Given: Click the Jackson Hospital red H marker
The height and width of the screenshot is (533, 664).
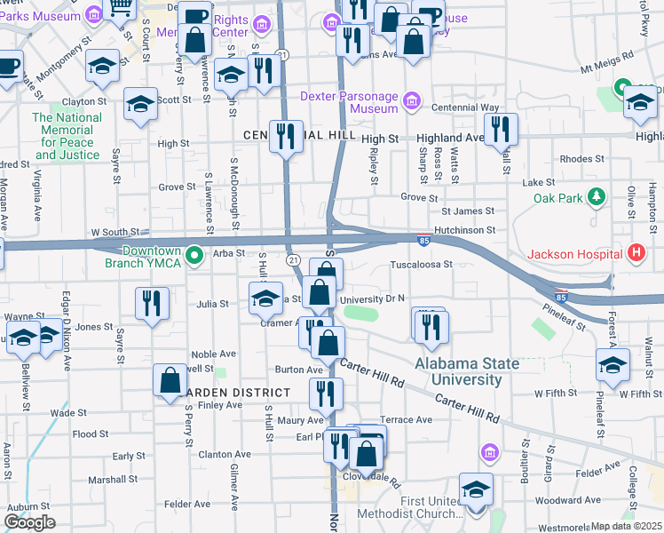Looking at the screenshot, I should pos(636,254).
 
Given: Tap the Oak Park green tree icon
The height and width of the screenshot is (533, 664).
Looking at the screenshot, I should pos(599,195).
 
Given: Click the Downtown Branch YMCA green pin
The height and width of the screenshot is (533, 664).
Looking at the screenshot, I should pos(198,257).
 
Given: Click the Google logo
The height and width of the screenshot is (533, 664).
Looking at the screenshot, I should pos(29,523).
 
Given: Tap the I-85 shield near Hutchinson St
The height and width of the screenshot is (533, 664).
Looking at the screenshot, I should pos(424,240).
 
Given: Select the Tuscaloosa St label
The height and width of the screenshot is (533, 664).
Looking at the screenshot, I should pos(422,264).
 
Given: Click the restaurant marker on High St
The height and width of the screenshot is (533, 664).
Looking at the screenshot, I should pos(286,137).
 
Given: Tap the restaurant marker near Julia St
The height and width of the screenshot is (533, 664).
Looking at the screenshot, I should pos(153,304).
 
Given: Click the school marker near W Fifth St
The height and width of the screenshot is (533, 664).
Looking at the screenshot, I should pos(613,364).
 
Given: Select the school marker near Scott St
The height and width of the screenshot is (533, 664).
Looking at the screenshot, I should pos(141,104).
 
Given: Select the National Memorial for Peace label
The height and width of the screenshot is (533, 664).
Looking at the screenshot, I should pos(68,136).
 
